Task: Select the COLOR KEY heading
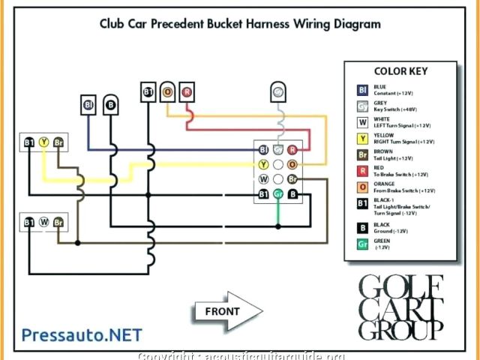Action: click(x=401, y=71)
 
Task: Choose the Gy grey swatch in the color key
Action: click(x=362, y=106)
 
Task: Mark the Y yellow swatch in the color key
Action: click(x=362, y=138)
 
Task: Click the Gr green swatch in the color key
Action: click(x=362, y=244)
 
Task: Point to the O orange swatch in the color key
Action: click(x=362, y=187)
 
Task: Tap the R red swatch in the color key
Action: click(x=362, y=171)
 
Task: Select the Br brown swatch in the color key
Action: click(x=362, y=154)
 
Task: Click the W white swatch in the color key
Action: click(x=362, y=122)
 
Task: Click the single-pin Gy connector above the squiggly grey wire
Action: click(x=277, y=92)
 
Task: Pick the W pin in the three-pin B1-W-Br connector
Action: click(x=43, y=222)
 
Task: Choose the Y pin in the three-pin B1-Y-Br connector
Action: click(x=43, y=141)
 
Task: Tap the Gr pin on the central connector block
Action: click(x=277, y=194)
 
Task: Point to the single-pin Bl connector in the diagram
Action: click(x=88, y=104)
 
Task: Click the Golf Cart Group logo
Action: click(x=401, y=307)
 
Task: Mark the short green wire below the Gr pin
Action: click(x=277, y=214)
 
